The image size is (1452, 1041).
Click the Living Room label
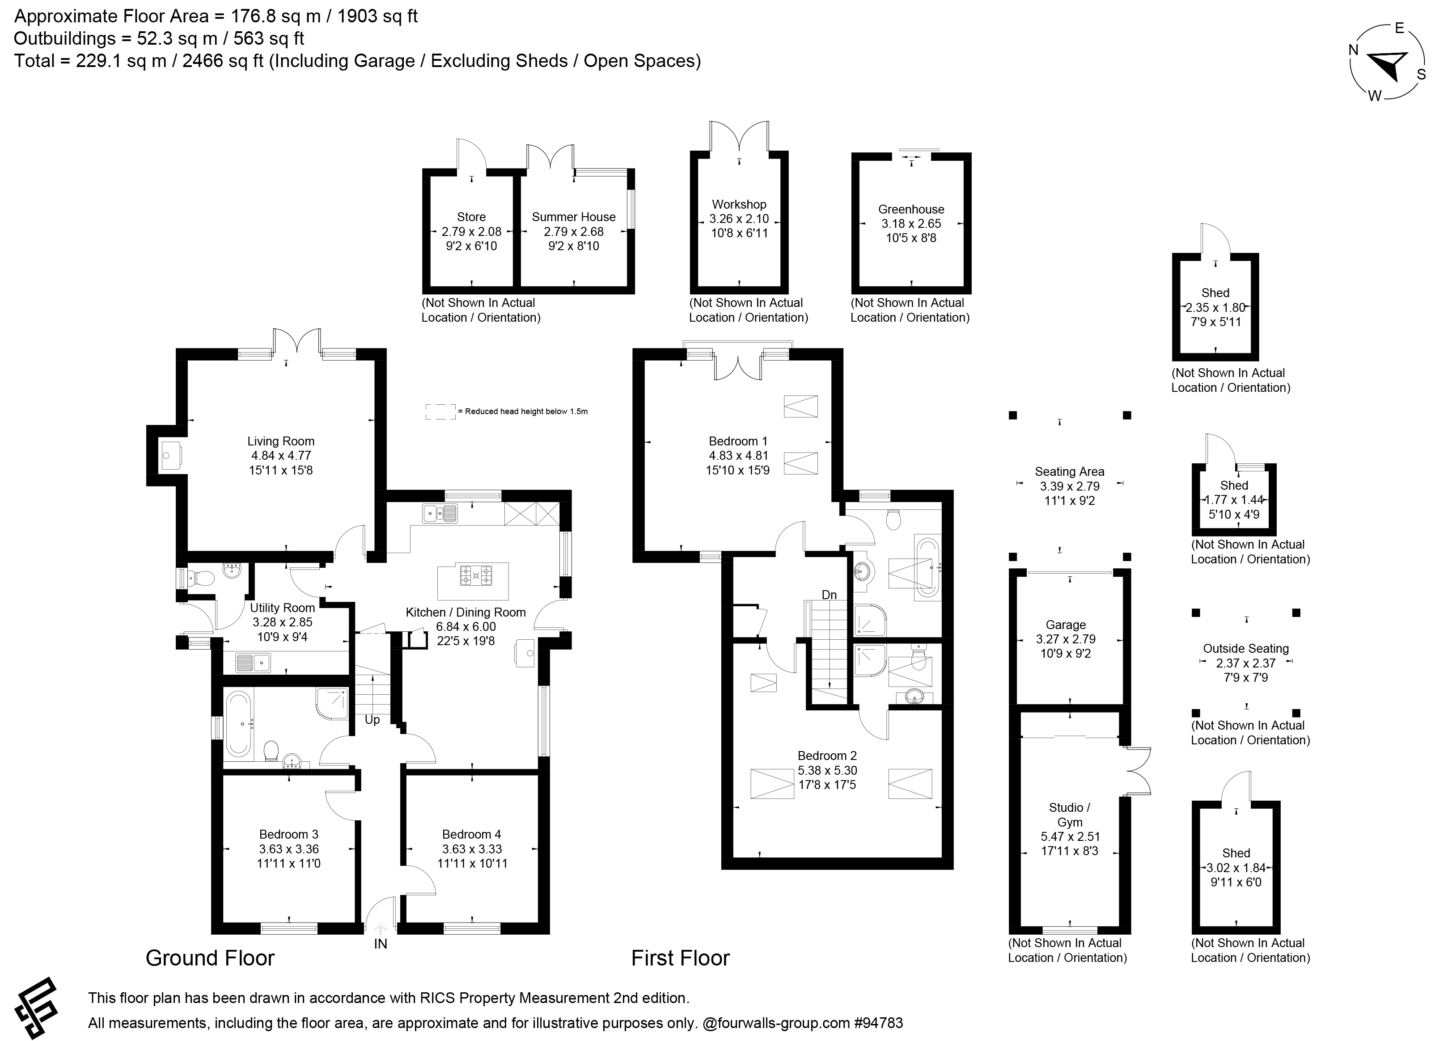coord(281,441)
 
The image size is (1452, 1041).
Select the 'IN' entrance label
coord(380,944)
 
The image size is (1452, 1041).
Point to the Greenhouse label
coord(911,209)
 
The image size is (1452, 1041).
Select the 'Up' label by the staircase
coord(372,720)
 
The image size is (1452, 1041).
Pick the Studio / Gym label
coord(1070,814)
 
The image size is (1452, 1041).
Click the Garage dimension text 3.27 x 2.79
coord(1066,638)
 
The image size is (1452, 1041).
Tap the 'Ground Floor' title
coord(210,958)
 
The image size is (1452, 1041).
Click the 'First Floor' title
coord(681,958)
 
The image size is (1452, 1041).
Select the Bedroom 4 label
coord(472,834)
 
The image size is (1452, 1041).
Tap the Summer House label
coord(574,217)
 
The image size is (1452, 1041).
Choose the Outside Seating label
coord(1246,648)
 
